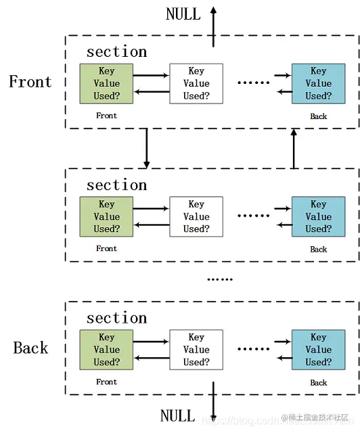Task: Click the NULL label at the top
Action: [183, 14]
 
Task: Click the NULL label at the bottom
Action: [177, 415]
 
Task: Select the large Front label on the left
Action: [30, 82]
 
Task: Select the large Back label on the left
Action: [31, 348]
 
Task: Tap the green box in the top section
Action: [106, 83]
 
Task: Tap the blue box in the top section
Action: [318, 83]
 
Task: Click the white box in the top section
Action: [196, 83]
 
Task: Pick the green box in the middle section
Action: [106, 216]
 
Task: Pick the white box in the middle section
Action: [196, 216]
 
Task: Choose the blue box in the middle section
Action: [318, 216]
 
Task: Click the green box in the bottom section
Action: [106, 350]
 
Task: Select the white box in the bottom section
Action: [196, 350]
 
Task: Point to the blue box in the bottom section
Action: [318, 350]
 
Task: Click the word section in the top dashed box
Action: [116, 52]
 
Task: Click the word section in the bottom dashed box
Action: [116, 318]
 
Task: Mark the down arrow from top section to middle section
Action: [146, 147]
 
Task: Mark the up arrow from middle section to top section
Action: [294, 147]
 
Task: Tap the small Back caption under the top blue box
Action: [318, 116]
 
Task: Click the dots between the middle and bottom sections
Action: [219, 279]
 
